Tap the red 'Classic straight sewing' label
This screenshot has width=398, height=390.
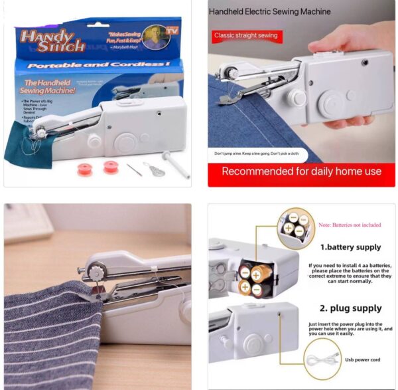pos(245,35)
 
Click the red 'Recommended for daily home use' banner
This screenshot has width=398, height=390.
pos(301,171)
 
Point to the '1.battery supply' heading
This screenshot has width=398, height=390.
pos(350,247)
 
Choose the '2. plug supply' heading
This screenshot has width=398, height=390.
pos(351,308)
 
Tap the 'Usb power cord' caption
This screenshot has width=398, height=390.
pos(362,360)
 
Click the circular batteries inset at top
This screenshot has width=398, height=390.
pos(296,229)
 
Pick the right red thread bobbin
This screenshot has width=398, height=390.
pos(110,167)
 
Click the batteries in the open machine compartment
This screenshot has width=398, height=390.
pos(255,278)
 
